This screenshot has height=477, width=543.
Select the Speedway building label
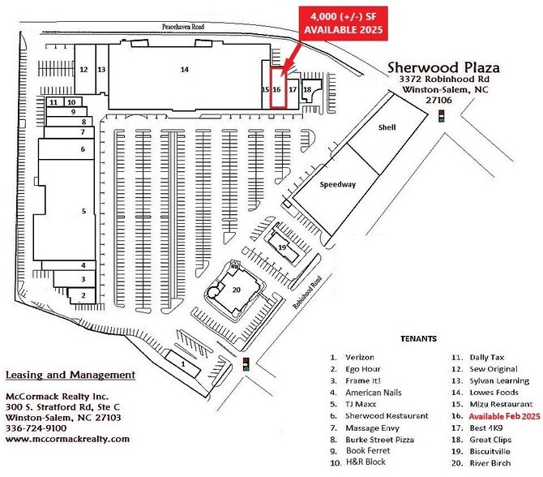click(x=338, y=184)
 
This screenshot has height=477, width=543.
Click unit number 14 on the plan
click(x=185, y=70)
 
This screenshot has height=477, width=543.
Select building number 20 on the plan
click(x=237, y=290)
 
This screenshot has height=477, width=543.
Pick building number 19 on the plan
click(x=281, y=247)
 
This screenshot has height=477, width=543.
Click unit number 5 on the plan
click(x=83, y=211)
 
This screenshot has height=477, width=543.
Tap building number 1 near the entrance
click(x=185, y=365)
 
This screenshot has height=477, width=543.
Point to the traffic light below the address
click(x=441, y=115)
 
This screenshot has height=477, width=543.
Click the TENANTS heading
click(x=418, y=338)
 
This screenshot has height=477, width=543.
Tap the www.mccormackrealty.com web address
click(x=67, y=439)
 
